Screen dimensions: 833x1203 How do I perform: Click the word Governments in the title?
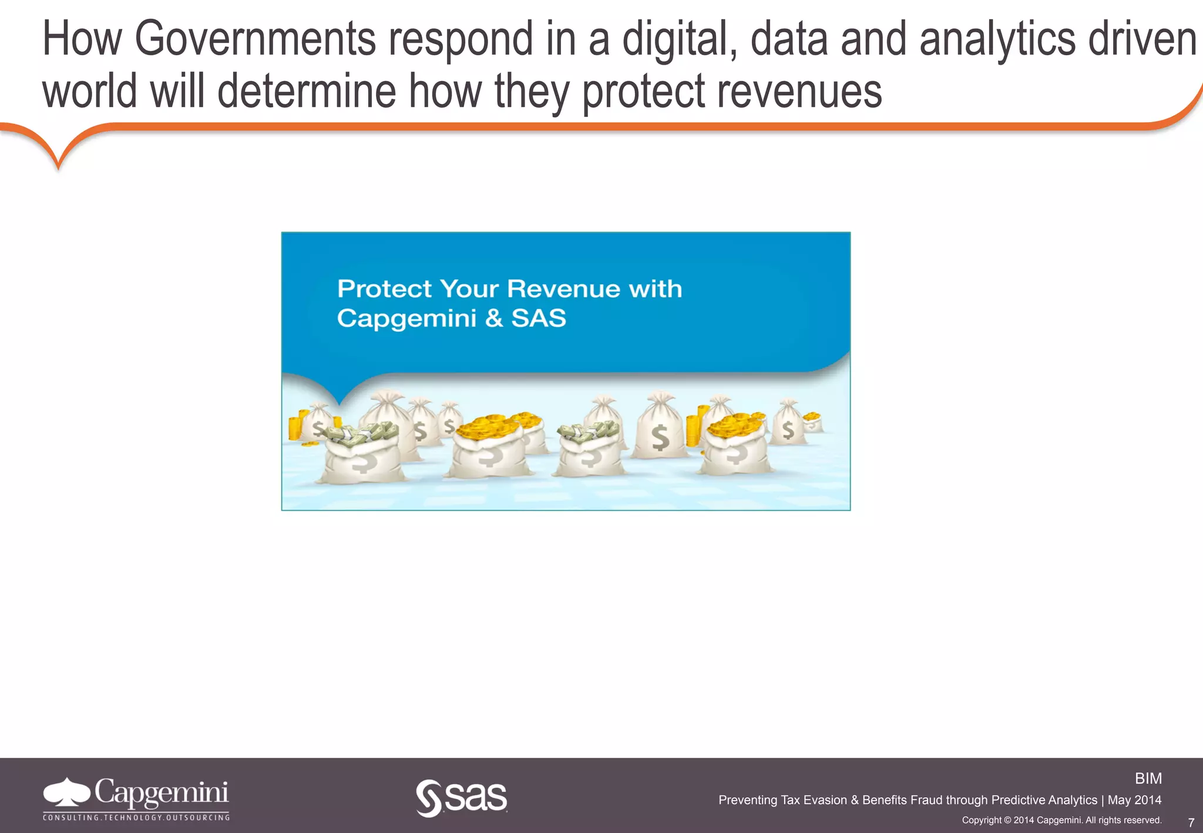[255, 39]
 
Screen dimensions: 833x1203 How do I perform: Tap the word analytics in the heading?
[998, 39]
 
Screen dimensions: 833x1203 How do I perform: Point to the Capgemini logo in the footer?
[136, 798]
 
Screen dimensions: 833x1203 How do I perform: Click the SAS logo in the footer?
[462, 798]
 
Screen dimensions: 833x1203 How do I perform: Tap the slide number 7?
[1191, 822]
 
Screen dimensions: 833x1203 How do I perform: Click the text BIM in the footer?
[1148, 778]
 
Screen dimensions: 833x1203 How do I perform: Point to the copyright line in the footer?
[1061, 820]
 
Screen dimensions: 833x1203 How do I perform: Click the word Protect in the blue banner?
[385, 289]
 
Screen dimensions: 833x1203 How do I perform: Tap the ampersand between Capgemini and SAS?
[494, 318]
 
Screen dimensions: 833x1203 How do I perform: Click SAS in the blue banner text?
[539, 318]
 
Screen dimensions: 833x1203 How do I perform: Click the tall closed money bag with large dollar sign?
[661, 429]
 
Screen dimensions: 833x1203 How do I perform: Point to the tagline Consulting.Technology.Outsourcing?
[136, 817]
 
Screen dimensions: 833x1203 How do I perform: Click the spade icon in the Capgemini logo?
[66, 792]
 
